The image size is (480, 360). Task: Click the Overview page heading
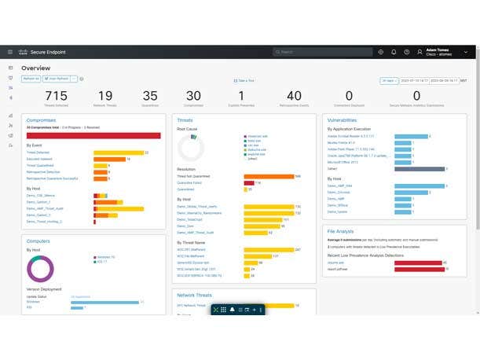click(x=35, y=68)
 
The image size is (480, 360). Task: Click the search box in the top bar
click(x=321, y=52)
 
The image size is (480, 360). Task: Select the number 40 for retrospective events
click(x=294, y=96)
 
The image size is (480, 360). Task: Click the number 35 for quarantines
click(x=150, y=96)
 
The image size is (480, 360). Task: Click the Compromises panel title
click(x=41, y=120)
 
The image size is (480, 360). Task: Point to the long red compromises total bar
click(x=93, y=135)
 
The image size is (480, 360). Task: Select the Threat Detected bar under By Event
click(x=118, y=152)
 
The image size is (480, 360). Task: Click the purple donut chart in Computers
click(x=41, y=268)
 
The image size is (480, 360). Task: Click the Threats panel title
click(x=185, y=120)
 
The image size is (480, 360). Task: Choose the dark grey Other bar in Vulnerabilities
click(x=420, y=168)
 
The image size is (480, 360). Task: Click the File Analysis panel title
click(x=341, y=231)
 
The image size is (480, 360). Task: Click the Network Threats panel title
click(x=194, y=296)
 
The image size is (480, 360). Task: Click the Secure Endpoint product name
click(x=49, y=52)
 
